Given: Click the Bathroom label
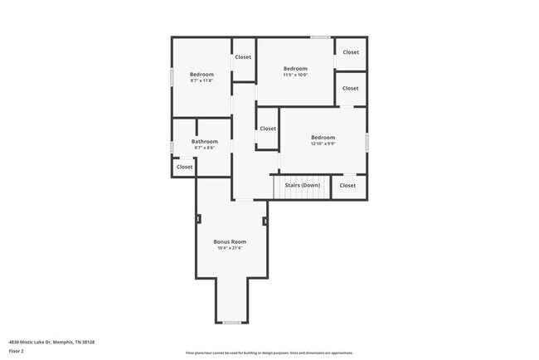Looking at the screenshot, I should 204,142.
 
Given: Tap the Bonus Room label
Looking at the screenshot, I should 230,241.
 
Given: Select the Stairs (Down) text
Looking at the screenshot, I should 303,185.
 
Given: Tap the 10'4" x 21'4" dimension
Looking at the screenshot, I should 230,248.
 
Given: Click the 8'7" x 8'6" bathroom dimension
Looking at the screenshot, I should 204,148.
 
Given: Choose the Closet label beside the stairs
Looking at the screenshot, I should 347,185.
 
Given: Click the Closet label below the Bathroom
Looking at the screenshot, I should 184,167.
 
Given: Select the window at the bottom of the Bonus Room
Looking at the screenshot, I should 232,322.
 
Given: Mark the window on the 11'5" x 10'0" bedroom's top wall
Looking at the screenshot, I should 320,36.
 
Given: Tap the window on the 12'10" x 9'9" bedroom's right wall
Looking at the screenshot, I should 367,141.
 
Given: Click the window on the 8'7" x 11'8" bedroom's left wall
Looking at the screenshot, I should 172,75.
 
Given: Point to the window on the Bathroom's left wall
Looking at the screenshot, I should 172,147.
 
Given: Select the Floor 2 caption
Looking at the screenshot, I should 17,351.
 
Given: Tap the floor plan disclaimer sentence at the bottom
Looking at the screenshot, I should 269,352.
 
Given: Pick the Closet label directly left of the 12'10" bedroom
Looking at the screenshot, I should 268,129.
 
